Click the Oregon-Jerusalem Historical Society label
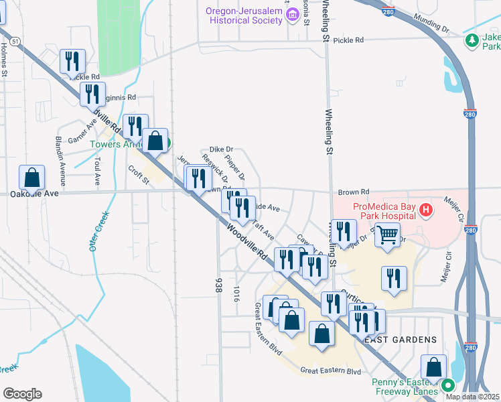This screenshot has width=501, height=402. pos(244,15)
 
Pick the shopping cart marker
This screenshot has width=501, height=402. pos(388,235)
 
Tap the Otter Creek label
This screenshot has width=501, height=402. pos(98,232)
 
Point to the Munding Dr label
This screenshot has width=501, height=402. pos(431,23)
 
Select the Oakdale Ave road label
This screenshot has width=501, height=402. pos(34,193)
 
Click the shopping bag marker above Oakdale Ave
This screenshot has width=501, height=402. pos(31,178)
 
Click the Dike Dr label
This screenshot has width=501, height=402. pos(220,149)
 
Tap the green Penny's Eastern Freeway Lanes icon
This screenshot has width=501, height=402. pos(445,386)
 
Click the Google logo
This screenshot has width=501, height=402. pos(22,394)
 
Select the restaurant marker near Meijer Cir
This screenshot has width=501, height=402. pos(394,277)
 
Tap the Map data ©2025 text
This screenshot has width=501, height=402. pos(472,397)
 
